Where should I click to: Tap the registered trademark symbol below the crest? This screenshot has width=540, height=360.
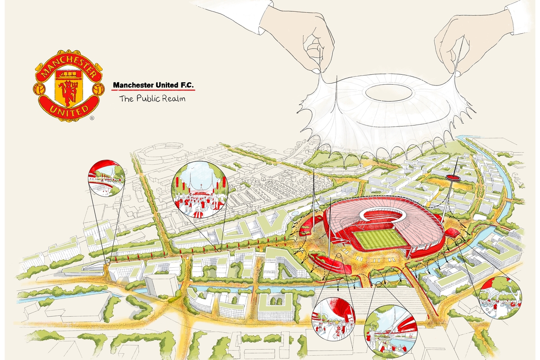92,118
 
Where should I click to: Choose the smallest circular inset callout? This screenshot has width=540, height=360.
107,179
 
